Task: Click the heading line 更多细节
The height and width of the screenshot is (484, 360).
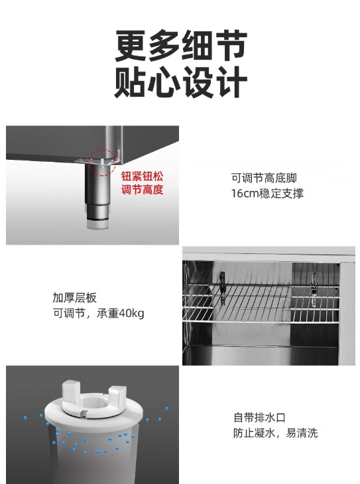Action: click(181, 45)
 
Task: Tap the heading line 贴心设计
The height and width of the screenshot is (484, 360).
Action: click(181, 82)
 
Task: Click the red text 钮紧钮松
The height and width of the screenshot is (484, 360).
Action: click(142, 176)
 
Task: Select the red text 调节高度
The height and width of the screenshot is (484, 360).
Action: click(142, 190)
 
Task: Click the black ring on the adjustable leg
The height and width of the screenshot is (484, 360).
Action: click(97, 219)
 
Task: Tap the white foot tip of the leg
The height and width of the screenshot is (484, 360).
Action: click(97, 225)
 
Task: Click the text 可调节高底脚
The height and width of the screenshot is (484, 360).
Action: click(264, 178)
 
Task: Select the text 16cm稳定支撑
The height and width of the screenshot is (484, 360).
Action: click(267, 194)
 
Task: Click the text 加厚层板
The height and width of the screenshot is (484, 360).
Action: click(74, 298)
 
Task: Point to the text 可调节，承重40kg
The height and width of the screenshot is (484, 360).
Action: click(99, 314)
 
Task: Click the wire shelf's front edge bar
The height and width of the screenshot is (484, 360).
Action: click(261, 322)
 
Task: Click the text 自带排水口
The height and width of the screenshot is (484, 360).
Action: click(259, 418)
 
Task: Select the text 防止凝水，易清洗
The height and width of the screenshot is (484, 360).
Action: click(275, 433)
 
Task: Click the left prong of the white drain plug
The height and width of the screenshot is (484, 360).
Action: click(72, 391)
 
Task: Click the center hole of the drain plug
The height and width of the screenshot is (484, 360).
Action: click(95, 403)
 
